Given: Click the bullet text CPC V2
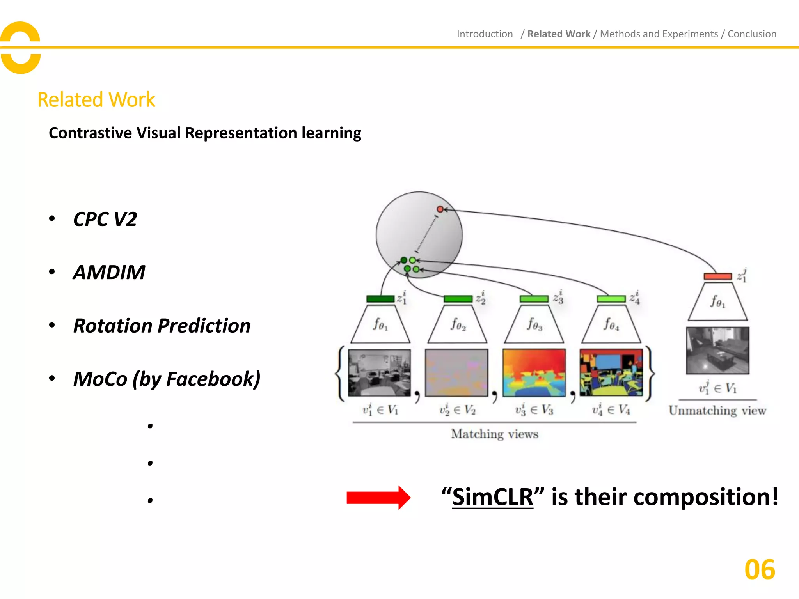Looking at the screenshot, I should (x=105, y=219).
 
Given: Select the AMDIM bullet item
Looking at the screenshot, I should (x=109, y=272).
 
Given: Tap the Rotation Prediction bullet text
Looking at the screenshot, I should (x=162, y=326).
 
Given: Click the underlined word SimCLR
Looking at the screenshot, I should (x=492, y=497).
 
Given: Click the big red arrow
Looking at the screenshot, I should (x=378, y=498).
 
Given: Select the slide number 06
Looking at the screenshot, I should (x=760, y=570).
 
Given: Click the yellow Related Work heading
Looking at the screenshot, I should (x=96, y=100).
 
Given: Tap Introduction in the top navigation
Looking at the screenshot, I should (x=485, y=34).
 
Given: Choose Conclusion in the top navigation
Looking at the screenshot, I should (x=752, y=34).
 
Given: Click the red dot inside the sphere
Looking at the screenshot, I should (x=440, y=209).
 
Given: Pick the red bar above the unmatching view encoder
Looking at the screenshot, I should (x=717, y=276).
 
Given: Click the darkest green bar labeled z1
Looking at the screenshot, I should (x=380, y=299).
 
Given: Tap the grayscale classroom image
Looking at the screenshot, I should (x=379, y=373).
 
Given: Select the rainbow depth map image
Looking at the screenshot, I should (x=534, y=373).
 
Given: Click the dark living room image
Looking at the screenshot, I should (x=717, y=350).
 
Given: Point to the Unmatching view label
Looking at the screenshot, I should (x=717, y=411).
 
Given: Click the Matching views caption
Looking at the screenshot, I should (x=495, y=434).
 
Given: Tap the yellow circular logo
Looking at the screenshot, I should (x=21, y=48).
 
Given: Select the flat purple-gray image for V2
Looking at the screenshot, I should (x=456, y=373).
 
